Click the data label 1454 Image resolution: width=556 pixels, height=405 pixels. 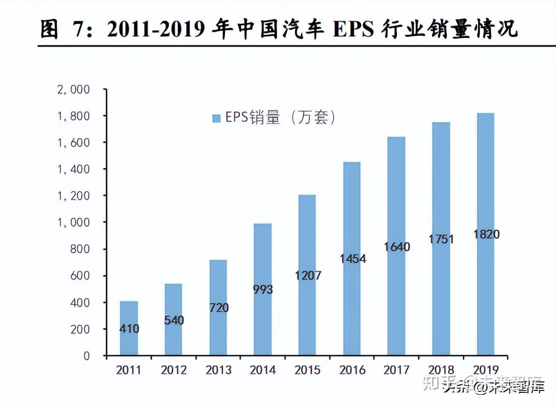pyautogui.click(x=352, y=259)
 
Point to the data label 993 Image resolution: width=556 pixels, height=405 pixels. pyautogui.click(x=262, y=289)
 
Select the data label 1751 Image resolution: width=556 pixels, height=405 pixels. pyautogui.click(x=441, y=239)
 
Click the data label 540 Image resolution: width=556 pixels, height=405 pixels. pyautogui.click(x=174, y=321)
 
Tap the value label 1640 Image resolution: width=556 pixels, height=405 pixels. pyautogui.click(x=396, y=247)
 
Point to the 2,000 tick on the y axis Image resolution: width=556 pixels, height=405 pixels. pyautogui.click(x=73, y=90)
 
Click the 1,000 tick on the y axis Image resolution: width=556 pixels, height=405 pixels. pyautogui.click(x=73, y=222)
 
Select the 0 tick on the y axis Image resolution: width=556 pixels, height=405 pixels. pyautogui.click(x=86, y=356)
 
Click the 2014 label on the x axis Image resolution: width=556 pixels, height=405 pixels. pyautogui.click(x=263, y=370)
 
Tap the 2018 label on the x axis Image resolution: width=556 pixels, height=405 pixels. pyautogui.click(x=441, y=370)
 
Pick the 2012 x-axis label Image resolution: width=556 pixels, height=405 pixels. pyautogui.click(x=174, y=370)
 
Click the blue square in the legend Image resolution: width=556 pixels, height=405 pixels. pyautogui.click(x=216, y=118)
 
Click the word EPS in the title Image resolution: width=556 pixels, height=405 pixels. pyautogui.click(x=353, y=29)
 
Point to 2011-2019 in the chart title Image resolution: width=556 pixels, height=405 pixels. pyautogui.click(x=155, y=29)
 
